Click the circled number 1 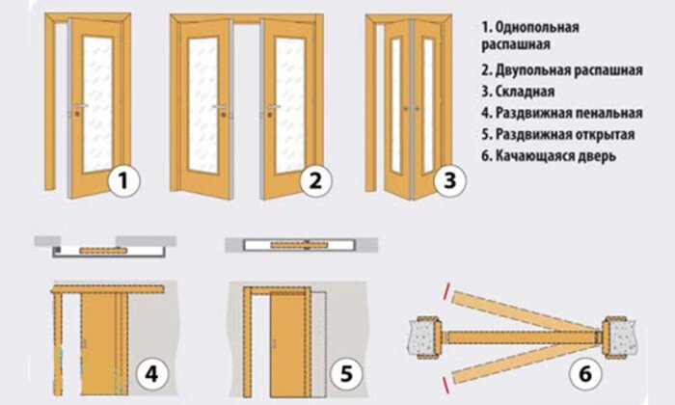(123, 180)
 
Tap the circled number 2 (316, 180)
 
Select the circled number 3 (450, 180)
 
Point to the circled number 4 (152, 373)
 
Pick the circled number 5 (346, 373)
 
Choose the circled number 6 (585, 373)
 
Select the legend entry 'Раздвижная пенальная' (569, 113)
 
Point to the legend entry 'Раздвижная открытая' (565, 134)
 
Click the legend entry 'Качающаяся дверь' (555, 156)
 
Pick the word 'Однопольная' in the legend (537, 28)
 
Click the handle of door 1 (80, 106)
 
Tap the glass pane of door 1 (97, 104)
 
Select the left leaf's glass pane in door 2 (202, 104)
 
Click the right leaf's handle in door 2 (273, 106)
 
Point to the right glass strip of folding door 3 (427, 106)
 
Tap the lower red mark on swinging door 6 (445, 385)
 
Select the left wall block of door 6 (424, 337)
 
